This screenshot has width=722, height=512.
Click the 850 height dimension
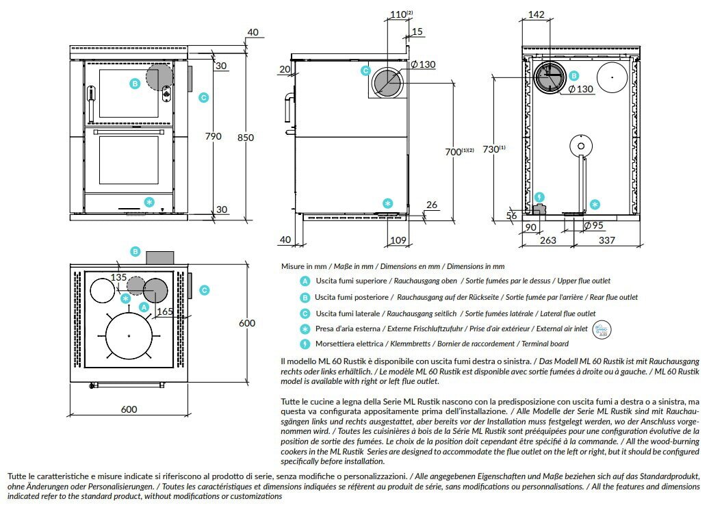pos(244,138)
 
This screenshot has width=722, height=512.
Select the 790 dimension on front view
pos(213,136)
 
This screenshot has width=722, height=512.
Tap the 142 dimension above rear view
pos(537,14)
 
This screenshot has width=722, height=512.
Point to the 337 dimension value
pos(607,240)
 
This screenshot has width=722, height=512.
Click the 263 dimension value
pos(547,240)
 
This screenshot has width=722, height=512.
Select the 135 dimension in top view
pos(119,277)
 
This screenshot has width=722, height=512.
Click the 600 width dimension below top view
pos(129,409)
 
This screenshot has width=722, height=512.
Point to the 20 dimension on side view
pos(285,68)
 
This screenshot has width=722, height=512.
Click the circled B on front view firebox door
pos(135,84)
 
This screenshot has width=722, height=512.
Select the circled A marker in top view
pos(144,308)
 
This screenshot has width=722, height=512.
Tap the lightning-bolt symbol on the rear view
pos(539,197)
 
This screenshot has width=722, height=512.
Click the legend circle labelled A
pos(305,281)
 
